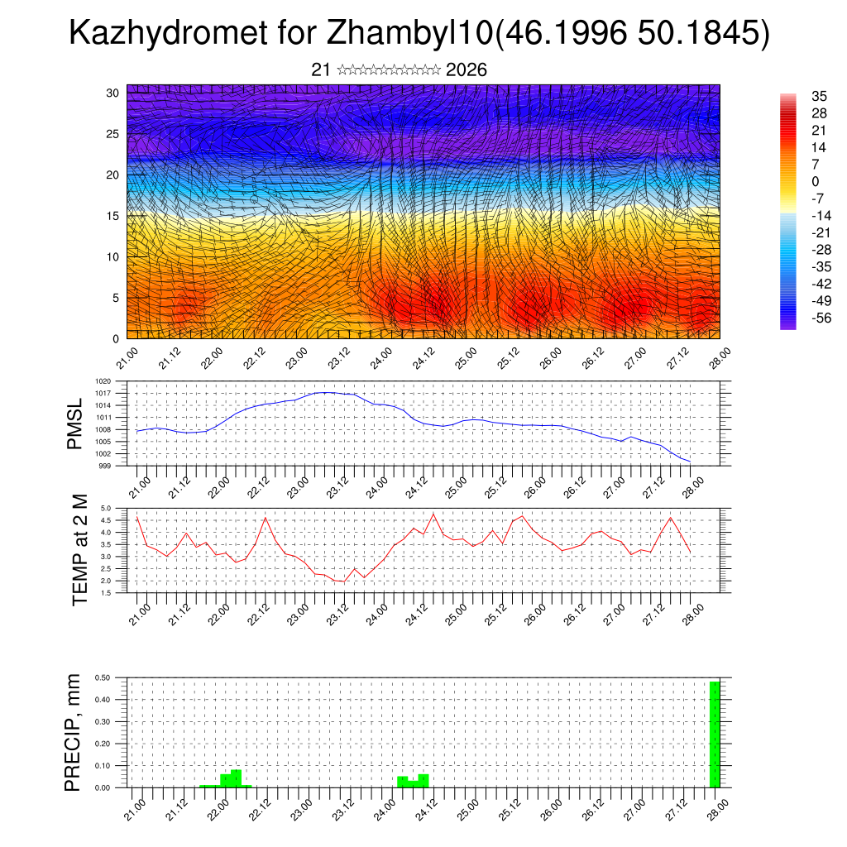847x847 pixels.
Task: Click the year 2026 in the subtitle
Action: [x=466, y=70]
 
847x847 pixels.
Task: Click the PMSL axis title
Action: [x=75, y=424]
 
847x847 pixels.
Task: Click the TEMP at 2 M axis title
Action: [x=79, y=549]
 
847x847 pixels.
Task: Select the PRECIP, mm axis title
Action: [x=75, y=732]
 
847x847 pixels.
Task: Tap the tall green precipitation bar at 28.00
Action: [x=715, y=735]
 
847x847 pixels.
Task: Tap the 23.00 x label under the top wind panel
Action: [x=295, y=357]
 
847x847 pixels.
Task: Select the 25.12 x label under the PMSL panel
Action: [x=495, y=485]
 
